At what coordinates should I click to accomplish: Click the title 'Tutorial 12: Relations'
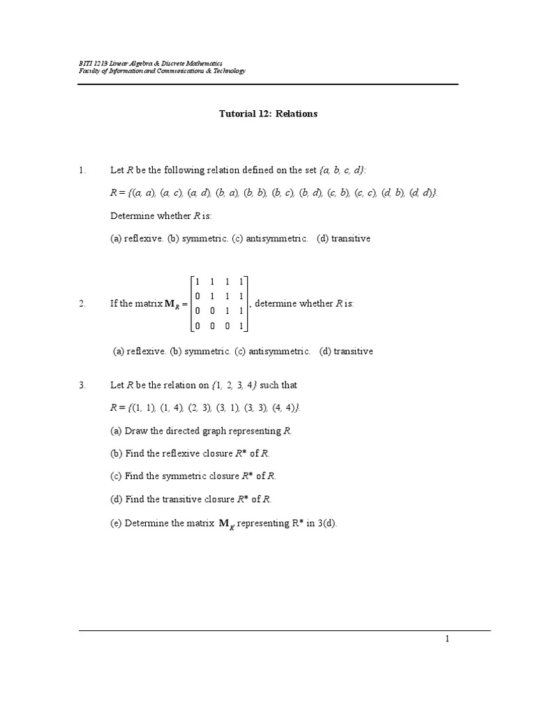pyautogui.click(x=268, y=114)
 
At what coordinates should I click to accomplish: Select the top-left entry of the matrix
pyautogui.click(x=198, y=282)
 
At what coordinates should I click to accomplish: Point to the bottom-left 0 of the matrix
pyautogui.click(x=198, y=326)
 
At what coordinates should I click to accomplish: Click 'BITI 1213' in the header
pyautogui.click(x=93, y=63)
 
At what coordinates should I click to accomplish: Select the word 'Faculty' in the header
pyautogui.click(x=89, y=71)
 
